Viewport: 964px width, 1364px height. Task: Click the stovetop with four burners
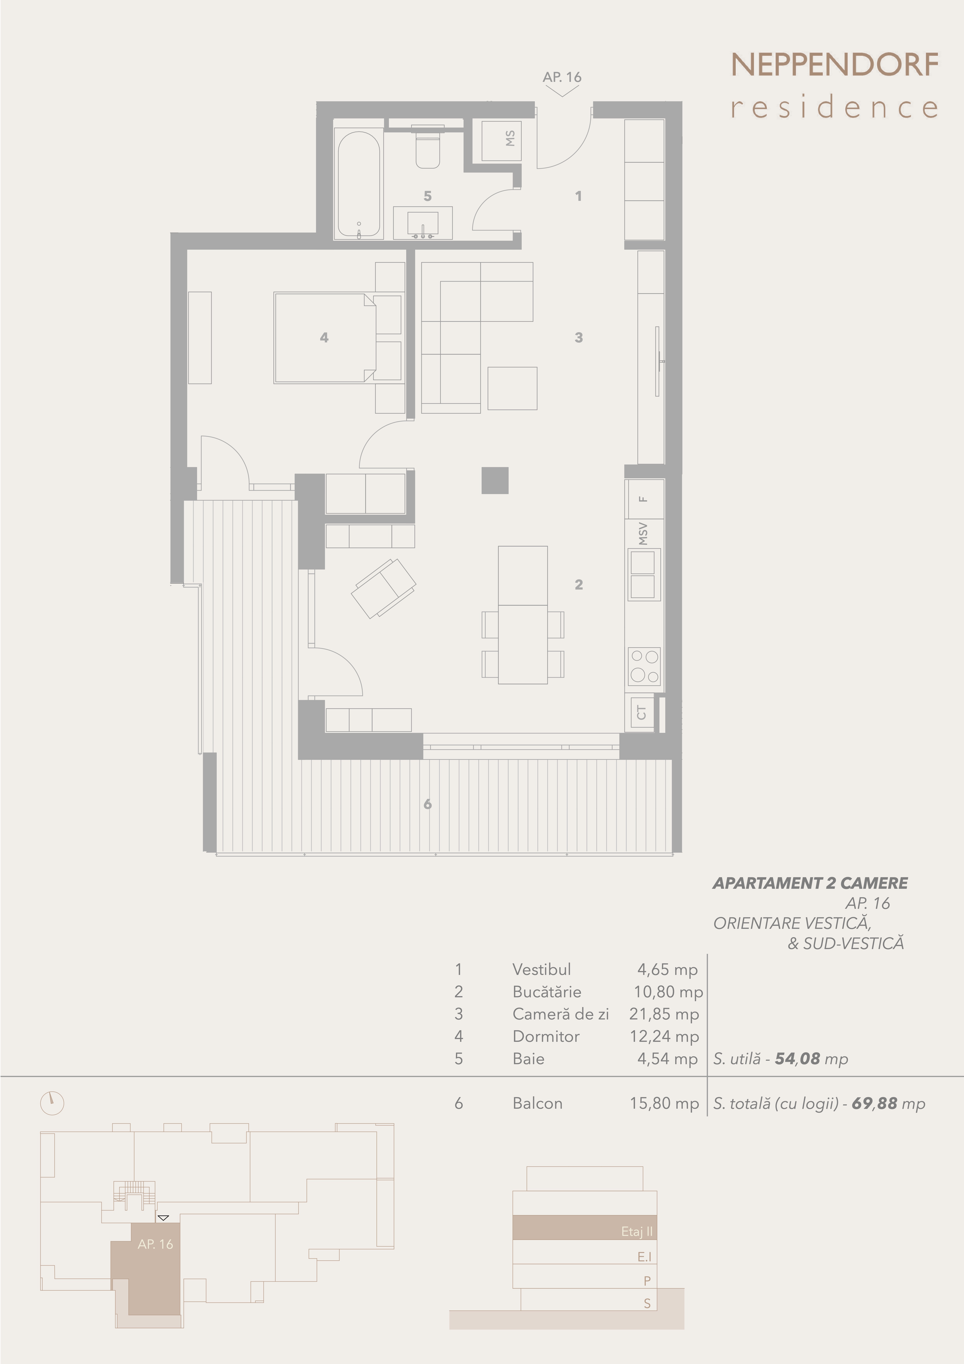(x=644, y=666)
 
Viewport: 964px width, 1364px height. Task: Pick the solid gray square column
(x=495, y=480)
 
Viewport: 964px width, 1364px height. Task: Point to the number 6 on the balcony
(x=428, y=804)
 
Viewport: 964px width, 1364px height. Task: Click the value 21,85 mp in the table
(x=664, y=1014)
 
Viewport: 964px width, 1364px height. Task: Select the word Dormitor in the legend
(x=546, y=1036)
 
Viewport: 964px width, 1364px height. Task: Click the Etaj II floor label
(x=637, y=1232)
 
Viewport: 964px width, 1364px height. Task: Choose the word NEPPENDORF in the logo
(x=835, y=65)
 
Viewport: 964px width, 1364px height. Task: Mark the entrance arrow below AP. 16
(x=562, y=91)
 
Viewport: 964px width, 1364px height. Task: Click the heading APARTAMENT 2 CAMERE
(x=810, y=883)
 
